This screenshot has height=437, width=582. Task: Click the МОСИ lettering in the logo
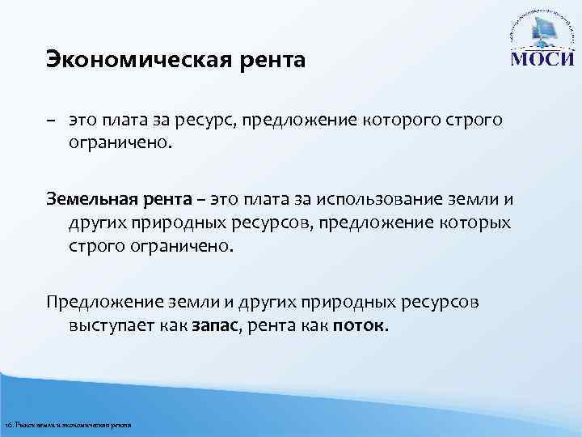pos(542,62)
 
